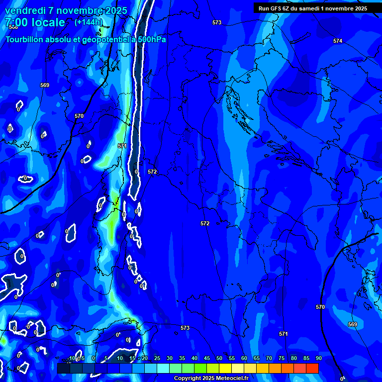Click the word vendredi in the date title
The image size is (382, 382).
click(24, 11)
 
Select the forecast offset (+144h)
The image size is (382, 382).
click(89, 22)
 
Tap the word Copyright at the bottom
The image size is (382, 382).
click(188, 379)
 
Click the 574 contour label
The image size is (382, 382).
click(338, 41)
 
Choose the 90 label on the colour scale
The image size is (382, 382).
click(318, 358)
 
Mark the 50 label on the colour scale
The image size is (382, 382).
click(219, 358)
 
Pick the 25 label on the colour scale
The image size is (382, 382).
click(157, 358)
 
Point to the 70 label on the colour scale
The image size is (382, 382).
click(269, 358)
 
